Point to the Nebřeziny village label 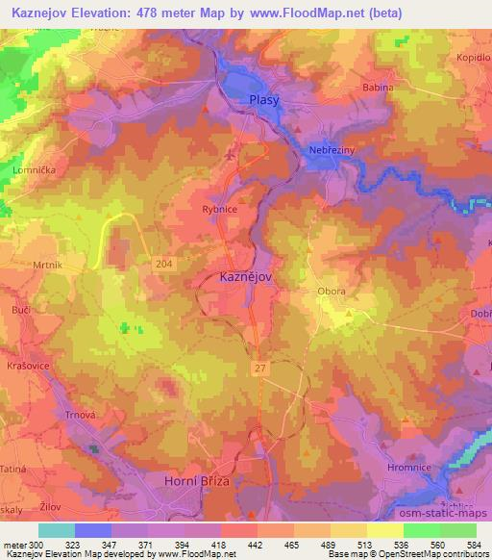click(332, 151)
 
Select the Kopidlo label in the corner click(473, 58)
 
